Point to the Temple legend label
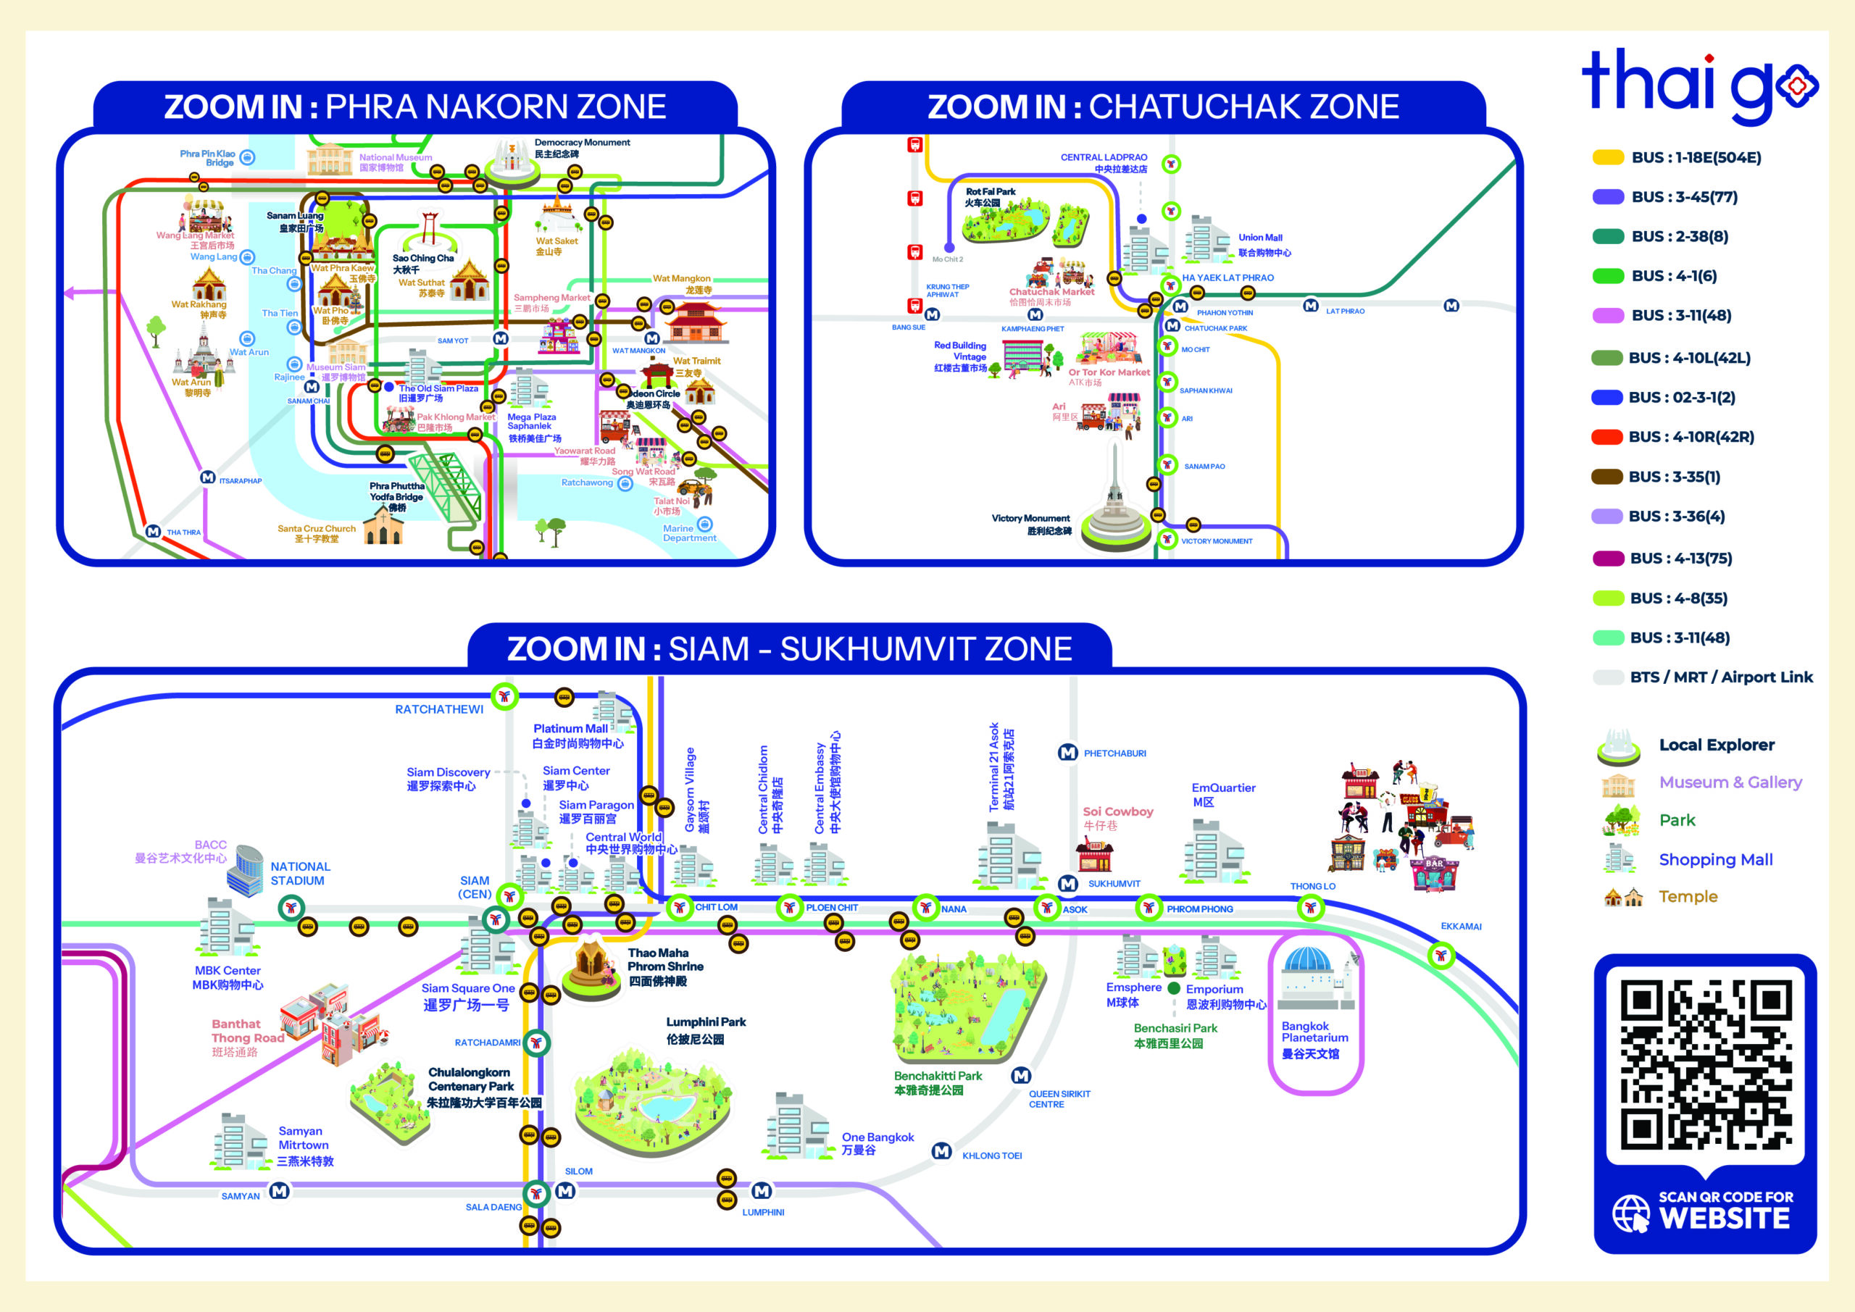pos(1688,897)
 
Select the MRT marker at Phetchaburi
pos(1067,753)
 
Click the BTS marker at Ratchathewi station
pos(505,695)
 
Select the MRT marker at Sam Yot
pos(501,338)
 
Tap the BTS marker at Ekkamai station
pos(1441,956)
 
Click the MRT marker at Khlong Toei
pos(941,1151)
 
